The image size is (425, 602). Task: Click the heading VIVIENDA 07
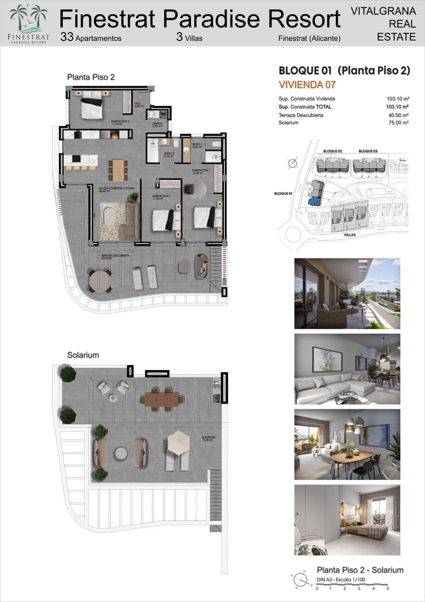[x=307, y=85]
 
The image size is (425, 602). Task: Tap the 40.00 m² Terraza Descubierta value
[x=399, y=115]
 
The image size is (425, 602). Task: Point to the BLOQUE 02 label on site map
[x=333, y=151]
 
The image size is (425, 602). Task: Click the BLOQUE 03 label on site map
[x=368, y=151]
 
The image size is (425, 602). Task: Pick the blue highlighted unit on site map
[x=314, y=201]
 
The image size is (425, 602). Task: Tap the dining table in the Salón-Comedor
[x=118, y=170]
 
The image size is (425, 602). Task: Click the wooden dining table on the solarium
[x=162, y=399]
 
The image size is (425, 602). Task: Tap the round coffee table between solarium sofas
[x=121, y=454]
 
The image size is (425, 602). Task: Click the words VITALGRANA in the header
[x=383, y=11]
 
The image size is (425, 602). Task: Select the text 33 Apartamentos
[x=91, y=38]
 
